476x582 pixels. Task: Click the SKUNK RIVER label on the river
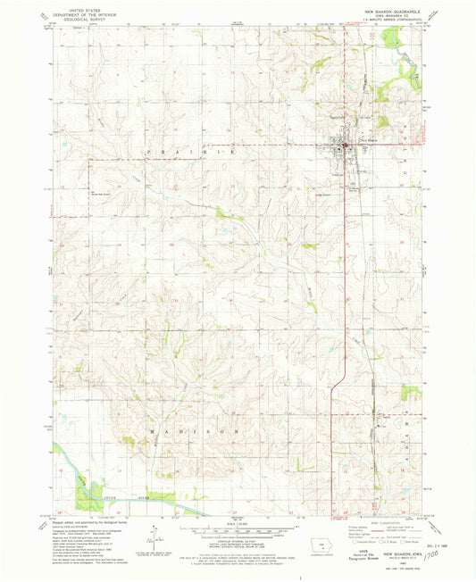(119, 493)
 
